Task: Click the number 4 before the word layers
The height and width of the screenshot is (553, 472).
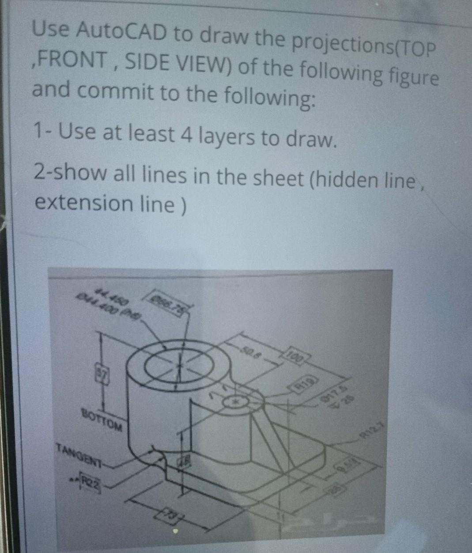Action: (x=182, y=135)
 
